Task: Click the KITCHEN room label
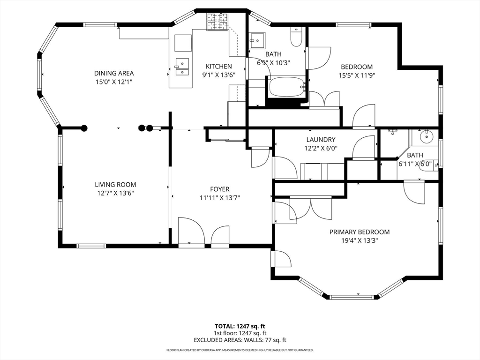coord(218,67)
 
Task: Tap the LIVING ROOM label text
coord(115,185)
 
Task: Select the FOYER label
coord(219,189)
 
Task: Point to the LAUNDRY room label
coord(321,140)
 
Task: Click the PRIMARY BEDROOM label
coord(360,232)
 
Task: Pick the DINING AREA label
coord(114,73)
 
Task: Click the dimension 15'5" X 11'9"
coord(357,75)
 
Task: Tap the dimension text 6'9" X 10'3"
coord(273,63)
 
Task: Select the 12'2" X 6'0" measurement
coord(321,149)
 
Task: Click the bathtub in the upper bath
coord(287,87)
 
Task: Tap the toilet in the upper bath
coord(296,37)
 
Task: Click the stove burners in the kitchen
coord(217,22)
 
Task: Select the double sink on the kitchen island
coord(182,67)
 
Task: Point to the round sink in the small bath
coord(426,137)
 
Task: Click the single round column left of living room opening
coord(84,128)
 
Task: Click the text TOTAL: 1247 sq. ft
coord(240,326)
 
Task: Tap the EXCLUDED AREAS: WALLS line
coord(240,340)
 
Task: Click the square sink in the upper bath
coord(257,40)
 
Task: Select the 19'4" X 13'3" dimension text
coord(360,240)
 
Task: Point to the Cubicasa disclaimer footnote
coord(240,350)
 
